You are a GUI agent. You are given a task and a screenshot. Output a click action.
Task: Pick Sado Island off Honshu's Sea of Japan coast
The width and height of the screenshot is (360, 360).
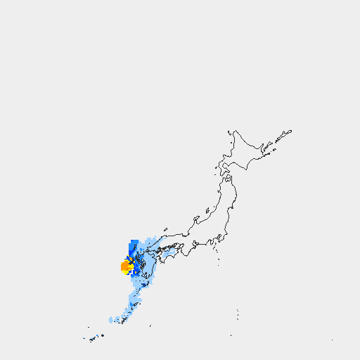pos(208,210)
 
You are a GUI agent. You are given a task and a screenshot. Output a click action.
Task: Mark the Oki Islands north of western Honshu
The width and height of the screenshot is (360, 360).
pos(165,229)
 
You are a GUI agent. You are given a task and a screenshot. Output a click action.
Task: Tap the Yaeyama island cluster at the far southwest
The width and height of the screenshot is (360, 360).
pos(92,340)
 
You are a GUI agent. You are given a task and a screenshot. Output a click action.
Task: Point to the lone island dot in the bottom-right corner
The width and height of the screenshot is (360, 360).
pos(332,340)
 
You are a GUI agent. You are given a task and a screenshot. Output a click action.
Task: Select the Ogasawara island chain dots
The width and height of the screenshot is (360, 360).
pos(238,314)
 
